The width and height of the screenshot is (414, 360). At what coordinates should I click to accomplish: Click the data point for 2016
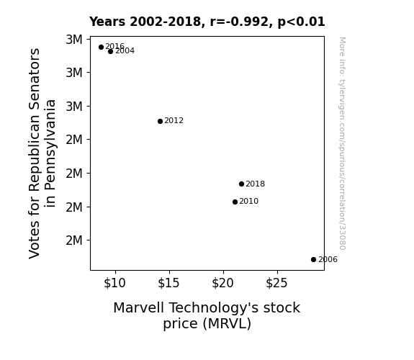pos(101,48)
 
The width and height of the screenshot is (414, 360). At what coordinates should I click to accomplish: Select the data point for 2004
pos(111,52)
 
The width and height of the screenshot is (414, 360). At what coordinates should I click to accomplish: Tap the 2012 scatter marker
pos(160,121)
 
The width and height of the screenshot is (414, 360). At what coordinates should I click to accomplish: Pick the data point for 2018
pos(241,184)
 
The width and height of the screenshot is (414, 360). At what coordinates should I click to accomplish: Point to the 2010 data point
pos(235,202)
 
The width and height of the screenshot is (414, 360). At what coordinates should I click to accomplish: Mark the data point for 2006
pos(313,260)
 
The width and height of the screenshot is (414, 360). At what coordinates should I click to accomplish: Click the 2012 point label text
pos(174,121)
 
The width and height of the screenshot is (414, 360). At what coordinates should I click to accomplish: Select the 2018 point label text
pos(255,184)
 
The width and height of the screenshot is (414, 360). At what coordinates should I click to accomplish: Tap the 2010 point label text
pos(248,202)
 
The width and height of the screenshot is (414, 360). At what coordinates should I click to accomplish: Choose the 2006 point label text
pos(328,260)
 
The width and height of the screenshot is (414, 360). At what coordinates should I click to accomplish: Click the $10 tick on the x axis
pos(114,283)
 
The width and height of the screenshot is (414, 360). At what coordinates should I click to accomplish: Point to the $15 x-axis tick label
pos(168,283)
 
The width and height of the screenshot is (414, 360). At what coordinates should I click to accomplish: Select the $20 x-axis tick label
pos(222,283)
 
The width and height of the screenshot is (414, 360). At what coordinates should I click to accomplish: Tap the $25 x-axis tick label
pos(276,283)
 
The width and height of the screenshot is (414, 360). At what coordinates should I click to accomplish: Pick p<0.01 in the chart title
pos(301,22)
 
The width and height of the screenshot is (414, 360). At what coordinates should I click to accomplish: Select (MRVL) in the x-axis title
pos(227,324)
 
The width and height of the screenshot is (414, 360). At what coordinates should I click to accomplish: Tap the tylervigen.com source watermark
pos(342,143)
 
